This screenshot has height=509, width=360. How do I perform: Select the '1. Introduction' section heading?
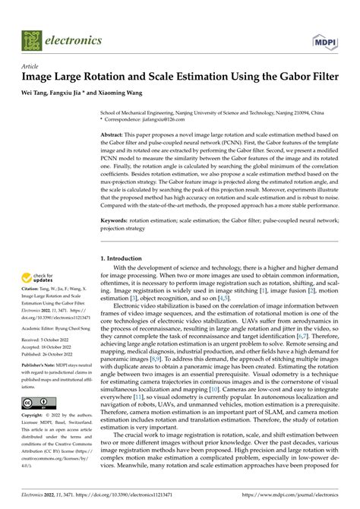click(125, 258)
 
